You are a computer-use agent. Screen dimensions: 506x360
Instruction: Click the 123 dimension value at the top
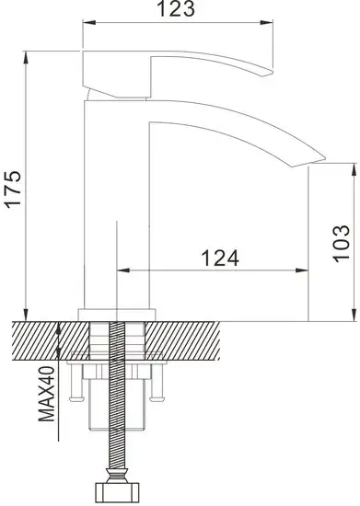point(181,10)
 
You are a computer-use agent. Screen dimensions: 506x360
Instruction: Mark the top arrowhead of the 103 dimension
point(353,171)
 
